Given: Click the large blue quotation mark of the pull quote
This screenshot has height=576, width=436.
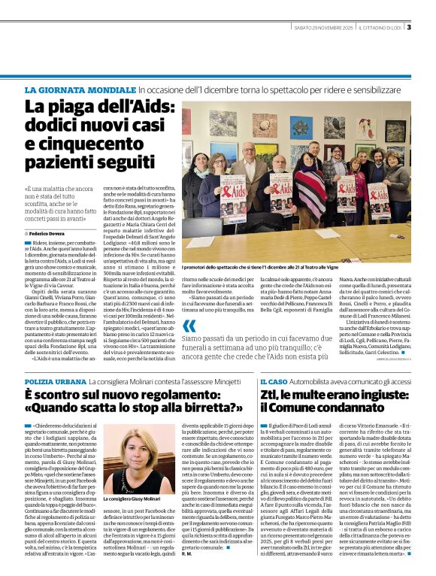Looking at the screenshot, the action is (x=189, y=326).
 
